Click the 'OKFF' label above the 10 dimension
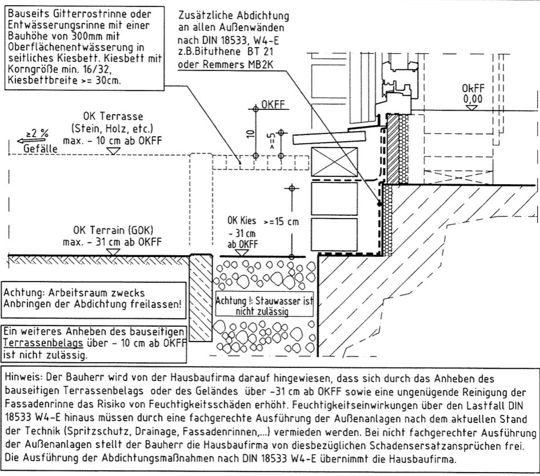273,105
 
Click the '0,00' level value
472,98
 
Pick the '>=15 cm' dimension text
281,222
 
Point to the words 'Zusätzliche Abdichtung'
233,15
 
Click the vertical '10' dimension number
249,134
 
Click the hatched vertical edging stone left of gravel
201,297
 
